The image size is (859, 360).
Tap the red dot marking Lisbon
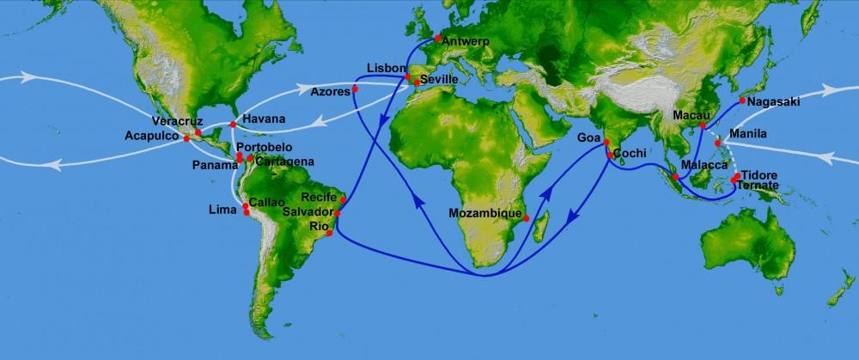pos(408,78)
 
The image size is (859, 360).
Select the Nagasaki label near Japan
pos(774,101)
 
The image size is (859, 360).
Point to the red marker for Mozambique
pos(526,218)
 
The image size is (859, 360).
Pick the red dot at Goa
pos(606,143)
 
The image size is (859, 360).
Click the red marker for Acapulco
pos(186,138)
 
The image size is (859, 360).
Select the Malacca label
pos(704,164)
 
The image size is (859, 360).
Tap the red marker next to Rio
pos(330,233)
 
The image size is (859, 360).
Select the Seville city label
pos(439,80)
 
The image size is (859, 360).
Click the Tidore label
pos(758,174)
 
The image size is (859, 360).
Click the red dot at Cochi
pos(609,156)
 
